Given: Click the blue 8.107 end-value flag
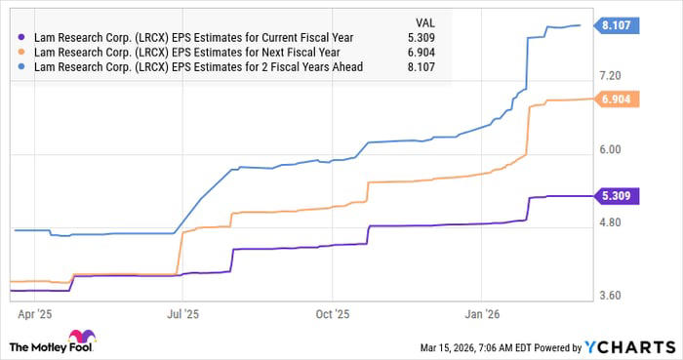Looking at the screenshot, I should pos(617,26).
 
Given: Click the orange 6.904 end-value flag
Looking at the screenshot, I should pos(617,100).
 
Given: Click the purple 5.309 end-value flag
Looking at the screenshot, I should pos(617,196).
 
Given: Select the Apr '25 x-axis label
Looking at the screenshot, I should pos(34,314).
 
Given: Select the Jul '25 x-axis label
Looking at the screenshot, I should pos(183,314).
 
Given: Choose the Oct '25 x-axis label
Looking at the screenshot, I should pos(333,314).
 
